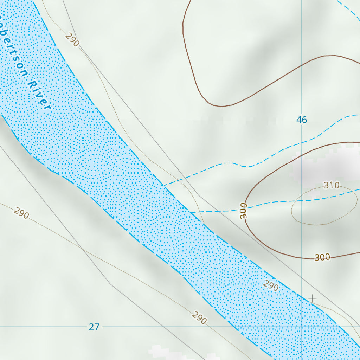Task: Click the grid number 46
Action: [301, 120]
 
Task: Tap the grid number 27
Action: [94, 327]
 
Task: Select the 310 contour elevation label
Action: [331, 185]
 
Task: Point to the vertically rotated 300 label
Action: [244, 211]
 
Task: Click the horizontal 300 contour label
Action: [322, 257]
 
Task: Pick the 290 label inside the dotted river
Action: [271, 285]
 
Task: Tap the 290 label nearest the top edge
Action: [72, 39]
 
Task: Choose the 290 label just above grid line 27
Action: [199, 318]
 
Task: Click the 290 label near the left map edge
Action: [21, 213]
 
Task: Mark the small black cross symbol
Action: [312, 298]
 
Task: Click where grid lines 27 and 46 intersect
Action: [302, 327]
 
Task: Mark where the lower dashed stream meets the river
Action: [190, 212]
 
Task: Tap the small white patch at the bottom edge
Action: [162, 352]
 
